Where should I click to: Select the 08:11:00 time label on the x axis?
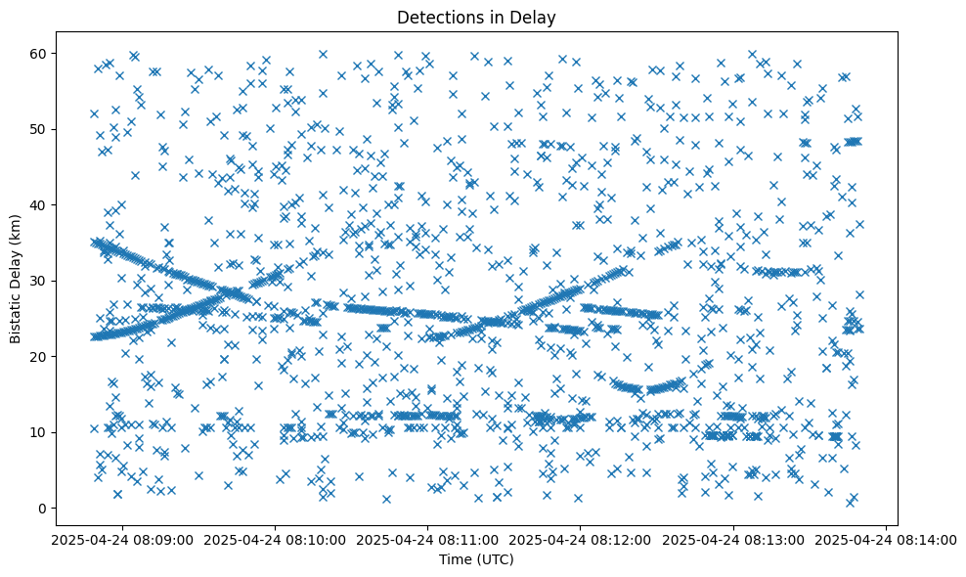(x=427, y=539)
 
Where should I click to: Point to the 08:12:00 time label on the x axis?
(x=581, y=539)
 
